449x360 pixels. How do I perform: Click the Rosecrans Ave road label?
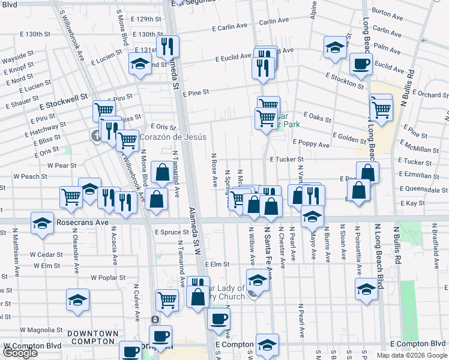82,222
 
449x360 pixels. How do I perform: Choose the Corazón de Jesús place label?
173,137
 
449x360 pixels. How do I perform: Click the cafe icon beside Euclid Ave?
361,63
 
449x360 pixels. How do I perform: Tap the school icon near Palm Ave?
334,47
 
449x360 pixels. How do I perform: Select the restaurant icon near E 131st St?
166,46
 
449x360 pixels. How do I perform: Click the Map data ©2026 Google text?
412,355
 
